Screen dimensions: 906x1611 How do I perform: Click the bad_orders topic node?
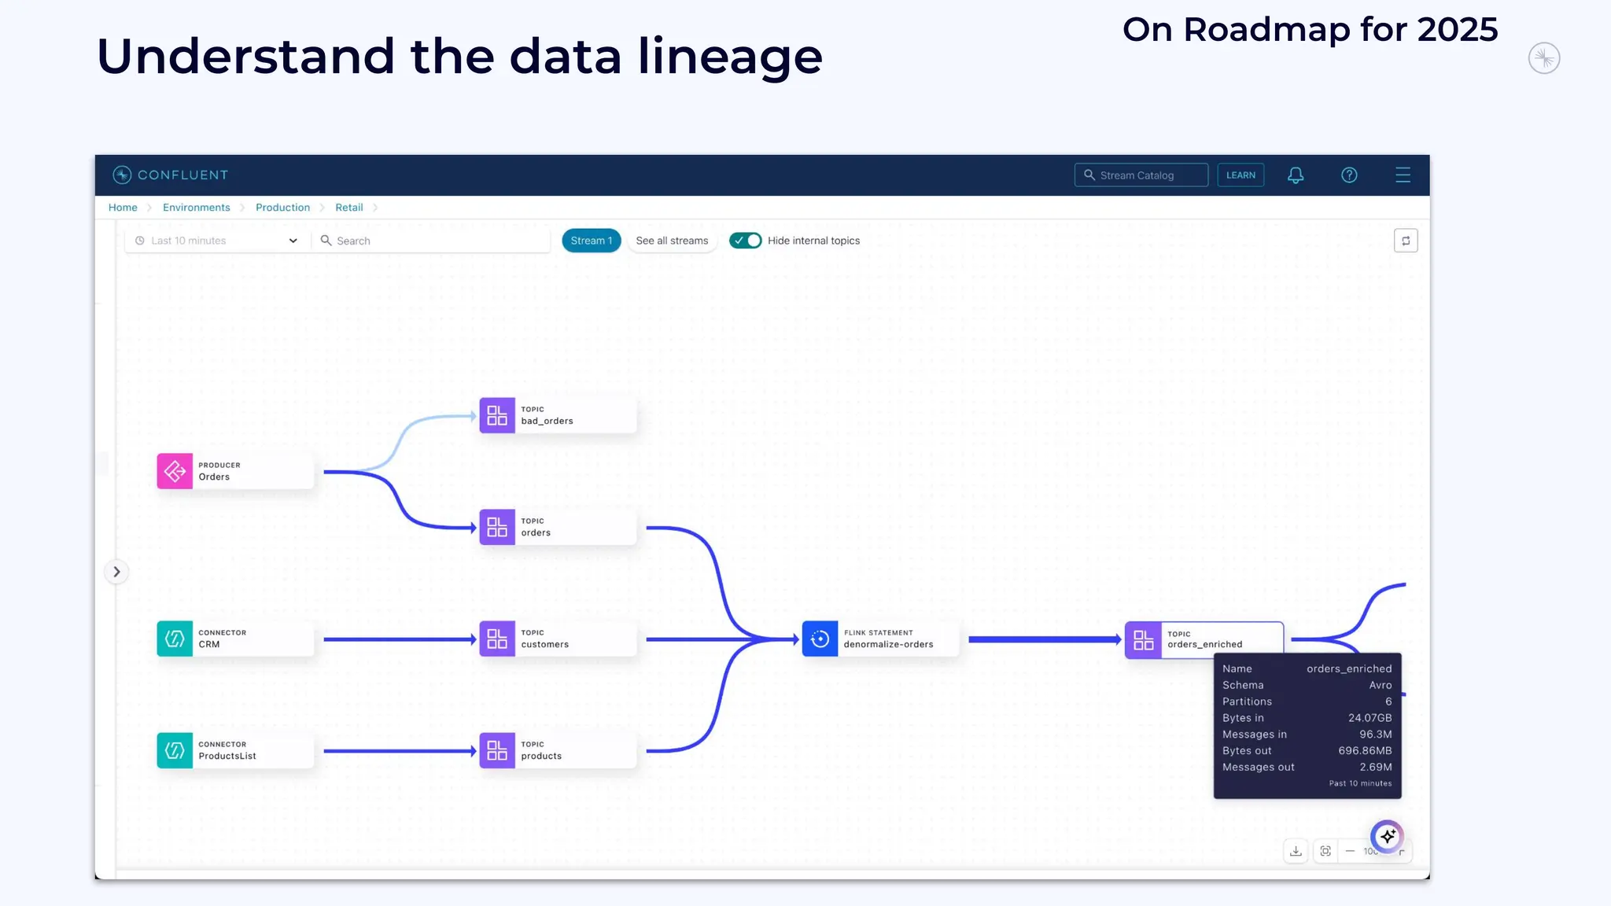click(557, 415)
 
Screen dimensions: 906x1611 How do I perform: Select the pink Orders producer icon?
click(175, 471)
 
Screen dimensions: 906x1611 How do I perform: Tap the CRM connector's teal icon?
click(175, 639)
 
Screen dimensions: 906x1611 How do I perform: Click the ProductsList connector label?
click(227, 756)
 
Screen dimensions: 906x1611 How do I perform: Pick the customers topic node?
click(557, 639)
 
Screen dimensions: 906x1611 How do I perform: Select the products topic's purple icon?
click(497, 750)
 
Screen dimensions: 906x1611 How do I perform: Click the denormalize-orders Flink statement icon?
click(820, 639)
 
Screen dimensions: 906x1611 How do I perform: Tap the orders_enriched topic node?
click(1204, 639)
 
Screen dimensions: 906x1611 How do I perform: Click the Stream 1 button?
click(591, 241)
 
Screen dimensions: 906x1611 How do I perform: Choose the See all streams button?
click(672, 241)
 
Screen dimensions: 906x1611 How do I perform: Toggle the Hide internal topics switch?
click(745, 241)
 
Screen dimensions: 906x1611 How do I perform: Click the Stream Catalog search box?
click(1141, 175)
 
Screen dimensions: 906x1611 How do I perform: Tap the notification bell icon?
click(1296, 175)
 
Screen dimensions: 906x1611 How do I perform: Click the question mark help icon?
click(1349, 175)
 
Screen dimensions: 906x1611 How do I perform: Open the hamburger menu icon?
click(1403, 175)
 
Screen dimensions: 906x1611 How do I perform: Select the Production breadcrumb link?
click(282, 208)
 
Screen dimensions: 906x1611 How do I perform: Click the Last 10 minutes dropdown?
click(216, 241)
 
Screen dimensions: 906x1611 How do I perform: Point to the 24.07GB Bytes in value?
click(1370, 718)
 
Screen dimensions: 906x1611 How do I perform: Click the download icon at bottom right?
click(1296, 851)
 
